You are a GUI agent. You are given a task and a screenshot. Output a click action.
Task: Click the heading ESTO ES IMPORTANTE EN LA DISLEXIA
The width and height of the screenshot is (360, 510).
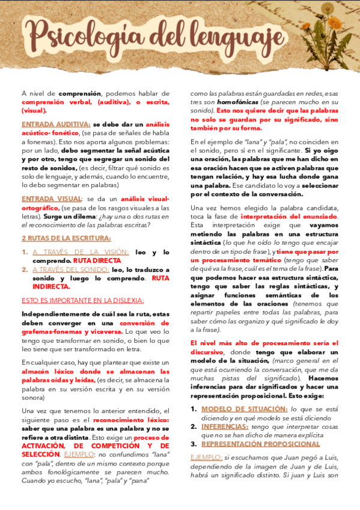[82, 300]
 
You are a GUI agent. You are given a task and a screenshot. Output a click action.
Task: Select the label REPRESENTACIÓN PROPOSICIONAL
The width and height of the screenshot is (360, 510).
[260, 444]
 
